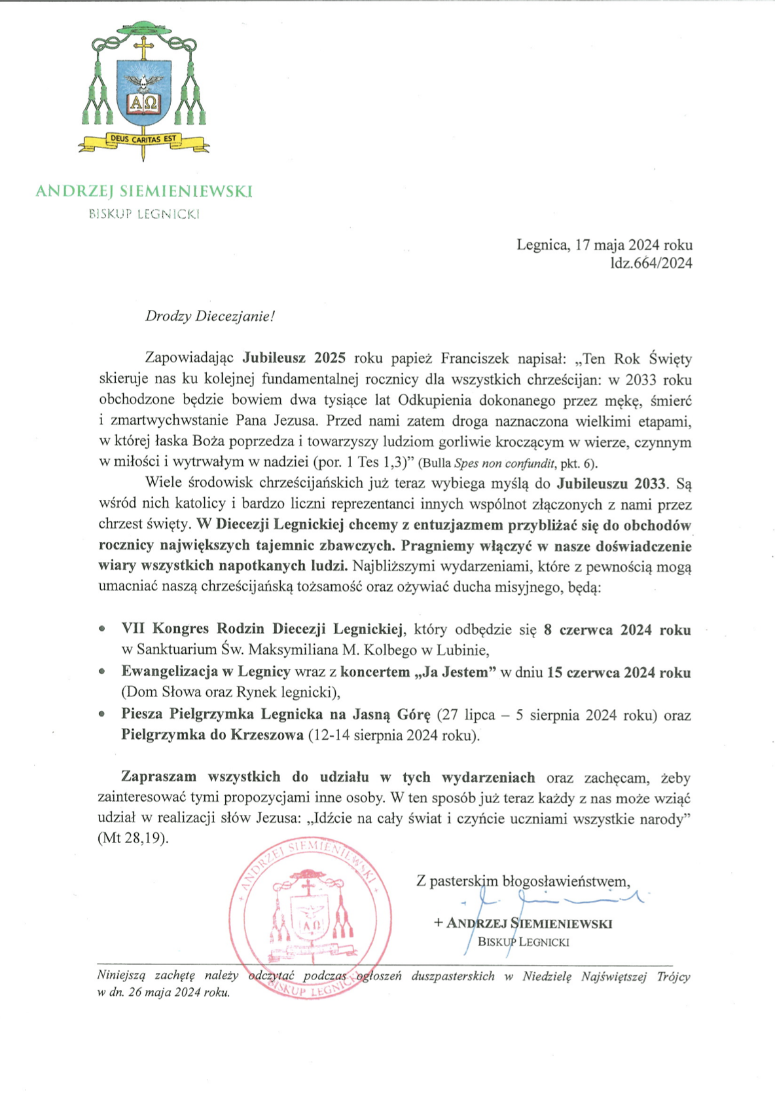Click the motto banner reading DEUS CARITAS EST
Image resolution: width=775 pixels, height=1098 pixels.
click(143, 139)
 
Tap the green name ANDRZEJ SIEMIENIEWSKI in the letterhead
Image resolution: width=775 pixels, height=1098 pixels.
click(143, 191)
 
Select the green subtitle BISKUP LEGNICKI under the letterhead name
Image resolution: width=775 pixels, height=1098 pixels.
click(144, 214)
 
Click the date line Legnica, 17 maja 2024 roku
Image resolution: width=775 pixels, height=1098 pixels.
click(604, 246)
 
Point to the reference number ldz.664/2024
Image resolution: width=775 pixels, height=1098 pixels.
click(651, 263)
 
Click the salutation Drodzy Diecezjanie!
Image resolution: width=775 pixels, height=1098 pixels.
click(210, 316)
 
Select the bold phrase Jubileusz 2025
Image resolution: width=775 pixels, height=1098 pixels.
click(295, 358)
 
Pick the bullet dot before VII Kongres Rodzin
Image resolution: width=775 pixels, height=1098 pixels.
click(101, 629)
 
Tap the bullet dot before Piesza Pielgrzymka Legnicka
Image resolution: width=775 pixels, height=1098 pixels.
click(101, 715)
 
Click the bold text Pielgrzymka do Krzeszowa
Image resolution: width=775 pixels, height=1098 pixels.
click(212, 735)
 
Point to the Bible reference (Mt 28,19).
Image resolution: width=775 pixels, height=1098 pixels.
click(133, 839)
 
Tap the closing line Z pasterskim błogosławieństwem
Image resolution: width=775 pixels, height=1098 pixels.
click(524, 881)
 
